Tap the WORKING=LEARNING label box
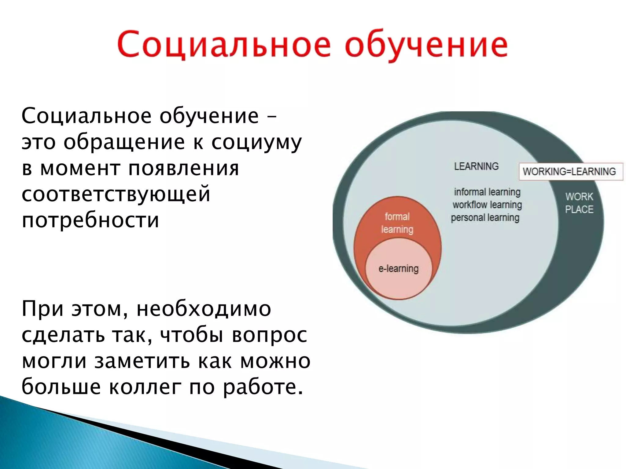570,171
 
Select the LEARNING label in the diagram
476,166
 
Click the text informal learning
487,192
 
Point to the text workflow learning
487,205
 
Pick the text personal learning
485,218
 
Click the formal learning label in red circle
397,223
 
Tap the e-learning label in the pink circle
398,269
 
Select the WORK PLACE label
579,203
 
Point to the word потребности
90,220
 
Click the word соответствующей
116,194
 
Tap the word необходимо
204,309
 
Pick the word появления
183,169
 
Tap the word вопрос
269,335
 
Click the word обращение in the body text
124,143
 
